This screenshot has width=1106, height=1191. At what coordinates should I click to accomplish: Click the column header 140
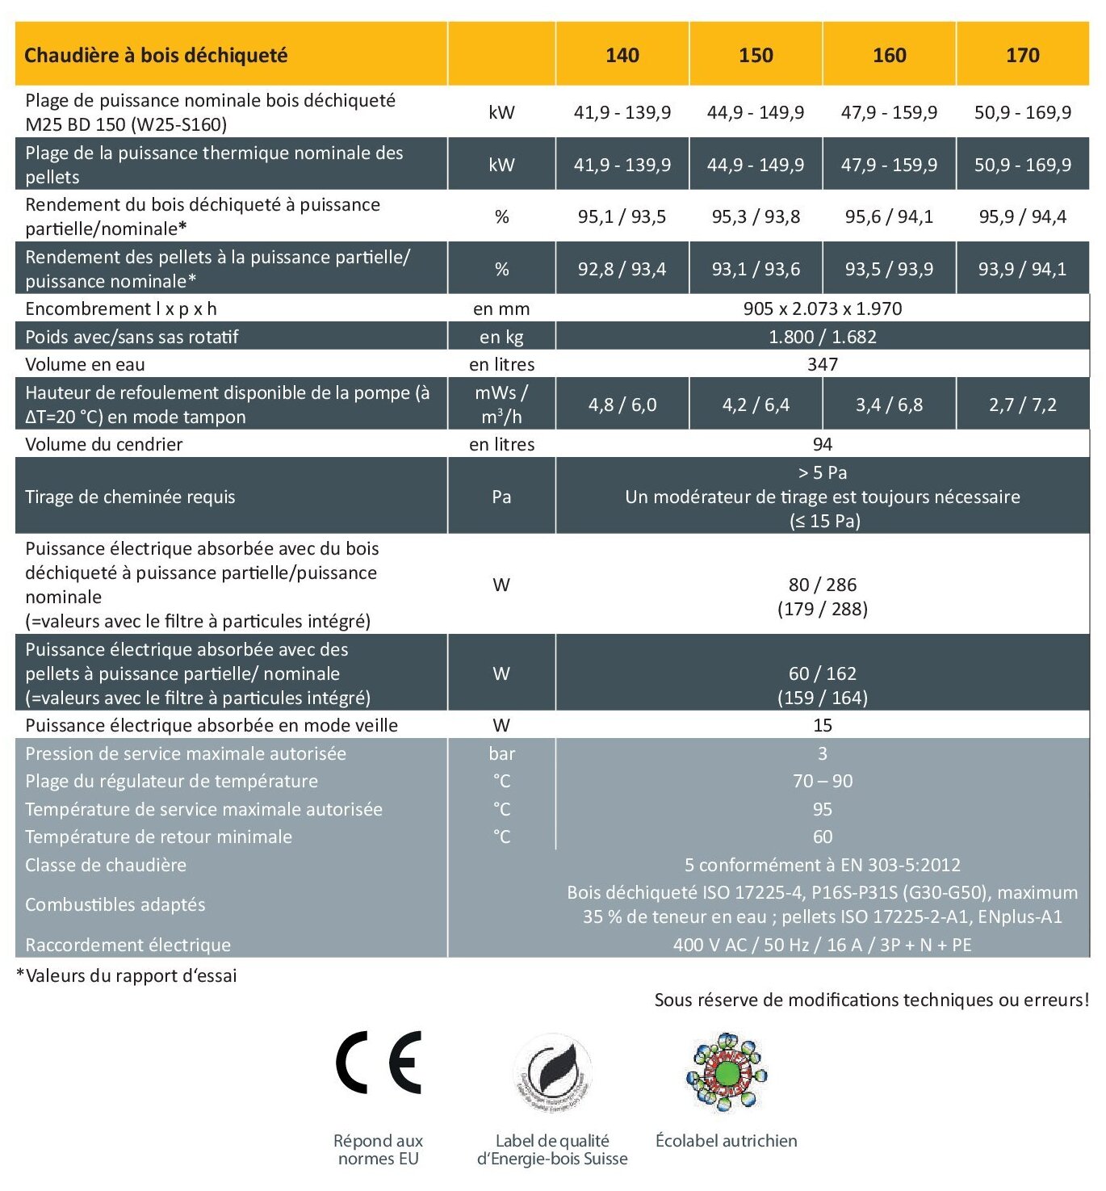pyautogui.click(x=622, y=55)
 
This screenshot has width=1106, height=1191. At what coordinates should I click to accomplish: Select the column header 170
pyautogui.click(x=1022, y=55)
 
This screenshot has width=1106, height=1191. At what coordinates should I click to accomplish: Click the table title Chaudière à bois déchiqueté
pyautogui.click(x=156, y=55)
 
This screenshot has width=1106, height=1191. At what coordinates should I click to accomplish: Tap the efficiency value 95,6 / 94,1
pyautogui.click(x=889, y=216)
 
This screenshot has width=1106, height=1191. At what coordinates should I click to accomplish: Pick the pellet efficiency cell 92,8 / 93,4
pyautogui.click(x=622, y=269)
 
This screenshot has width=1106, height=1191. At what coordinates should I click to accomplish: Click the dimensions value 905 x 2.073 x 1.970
pyautogui.click(x=822, y=308)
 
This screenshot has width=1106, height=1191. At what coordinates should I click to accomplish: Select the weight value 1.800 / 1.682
pyautogui.click(x=822, y=337)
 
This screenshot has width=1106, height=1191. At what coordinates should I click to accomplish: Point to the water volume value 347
pyautogui.click(x=822, y=364)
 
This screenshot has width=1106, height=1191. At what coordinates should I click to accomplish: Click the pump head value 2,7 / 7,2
pyautogui.click(x=1022, y=405)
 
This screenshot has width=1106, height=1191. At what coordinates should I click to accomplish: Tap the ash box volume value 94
pyautogui.click(x=822, y=444)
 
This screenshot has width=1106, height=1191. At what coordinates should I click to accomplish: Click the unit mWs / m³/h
pyautogui.click(x=501, y=405)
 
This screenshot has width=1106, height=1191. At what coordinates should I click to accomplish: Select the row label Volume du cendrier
pyautogui.click(x=104, y=444)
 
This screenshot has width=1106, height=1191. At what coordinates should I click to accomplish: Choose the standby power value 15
pyautogui.click(x=822, y=725)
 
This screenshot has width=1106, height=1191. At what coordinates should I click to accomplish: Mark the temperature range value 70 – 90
pyautogui.click(x=822, y=781)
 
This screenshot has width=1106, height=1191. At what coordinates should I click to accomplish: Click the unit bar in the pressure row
pyautogui.click(x=501, y=753)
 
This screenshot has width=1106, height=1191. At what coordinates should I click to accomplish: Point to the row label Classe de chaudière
pyautogui.click(x=106, y=865)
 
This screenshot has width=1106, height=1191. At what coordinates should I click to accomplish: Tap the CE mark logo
pyautogui.click(x=379, y=1062)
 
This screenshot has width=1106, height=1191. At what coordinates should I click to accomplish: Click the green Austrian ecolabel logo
pyautogui.click(x=727, y=1072)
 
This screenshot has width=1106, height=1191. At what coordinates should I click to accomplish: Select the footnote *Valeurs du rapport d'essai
pyautogui.click(x=127, y=975)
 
